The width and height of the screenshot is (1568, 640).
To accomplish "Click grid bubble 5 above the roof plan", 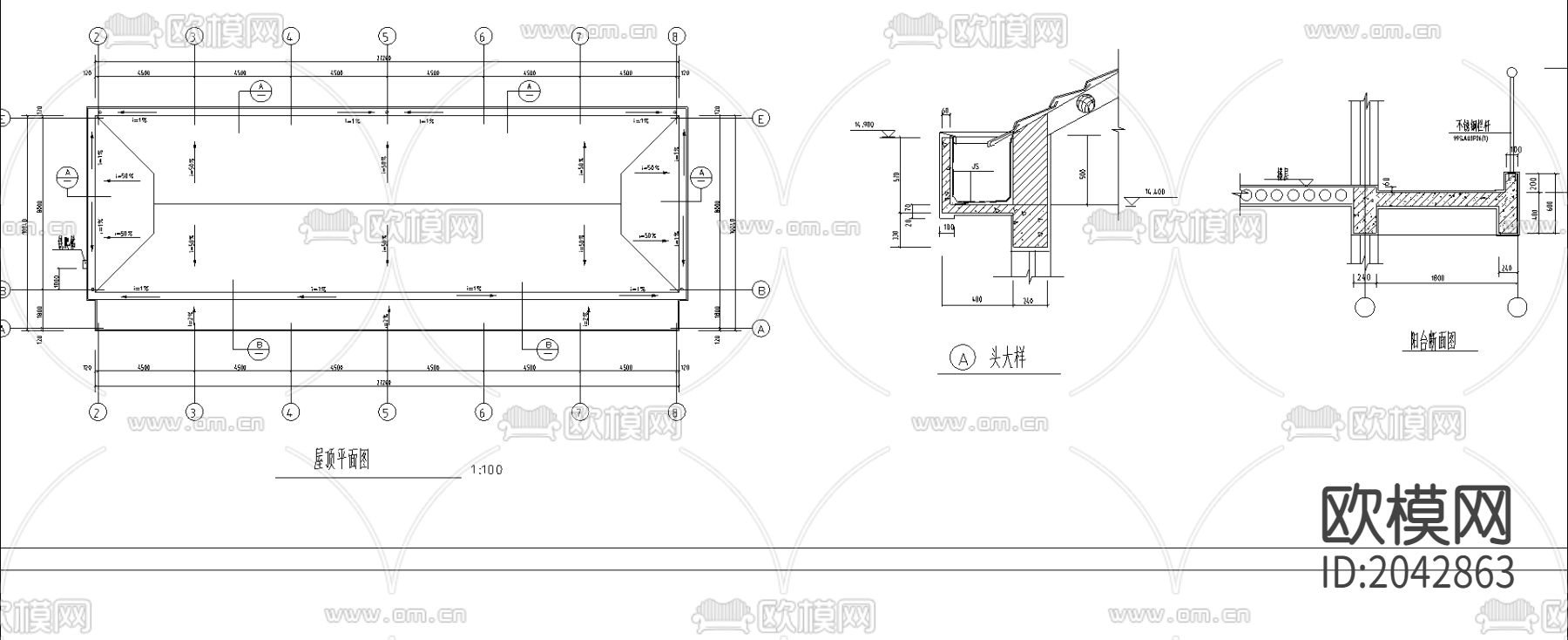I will [387, 36].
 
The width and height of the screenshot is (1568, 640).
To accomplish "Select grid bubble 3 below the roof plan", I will [194, 412].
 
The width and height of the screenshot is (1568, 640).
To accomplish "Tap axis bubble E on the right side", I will [760, 119].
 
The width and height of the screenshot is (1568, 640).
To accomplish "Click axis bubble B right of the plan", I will [760, 289].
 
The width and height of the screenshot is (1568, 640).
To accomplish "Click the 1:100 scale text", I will [486, 470].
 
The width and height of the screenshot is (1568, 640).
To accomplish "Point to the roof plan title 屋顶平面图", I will [341, 460].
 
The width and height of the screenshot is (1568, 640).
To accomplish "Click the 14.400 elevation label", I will [1155, 192].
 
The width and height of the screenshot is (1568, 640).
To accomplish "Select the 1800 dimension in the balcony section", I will [1436, 277].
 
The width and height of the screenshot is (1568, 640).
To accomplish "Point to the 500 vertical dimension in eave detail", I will [1083, 173].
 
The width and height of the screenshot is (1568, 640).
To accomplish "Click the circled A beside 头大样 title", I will [962, 358].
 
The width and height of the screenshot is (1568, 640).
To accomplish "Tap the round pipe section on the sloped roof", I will [1085, 105].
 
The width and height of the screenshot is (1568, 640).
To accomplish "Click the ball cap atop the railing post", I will [1511, 72].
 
